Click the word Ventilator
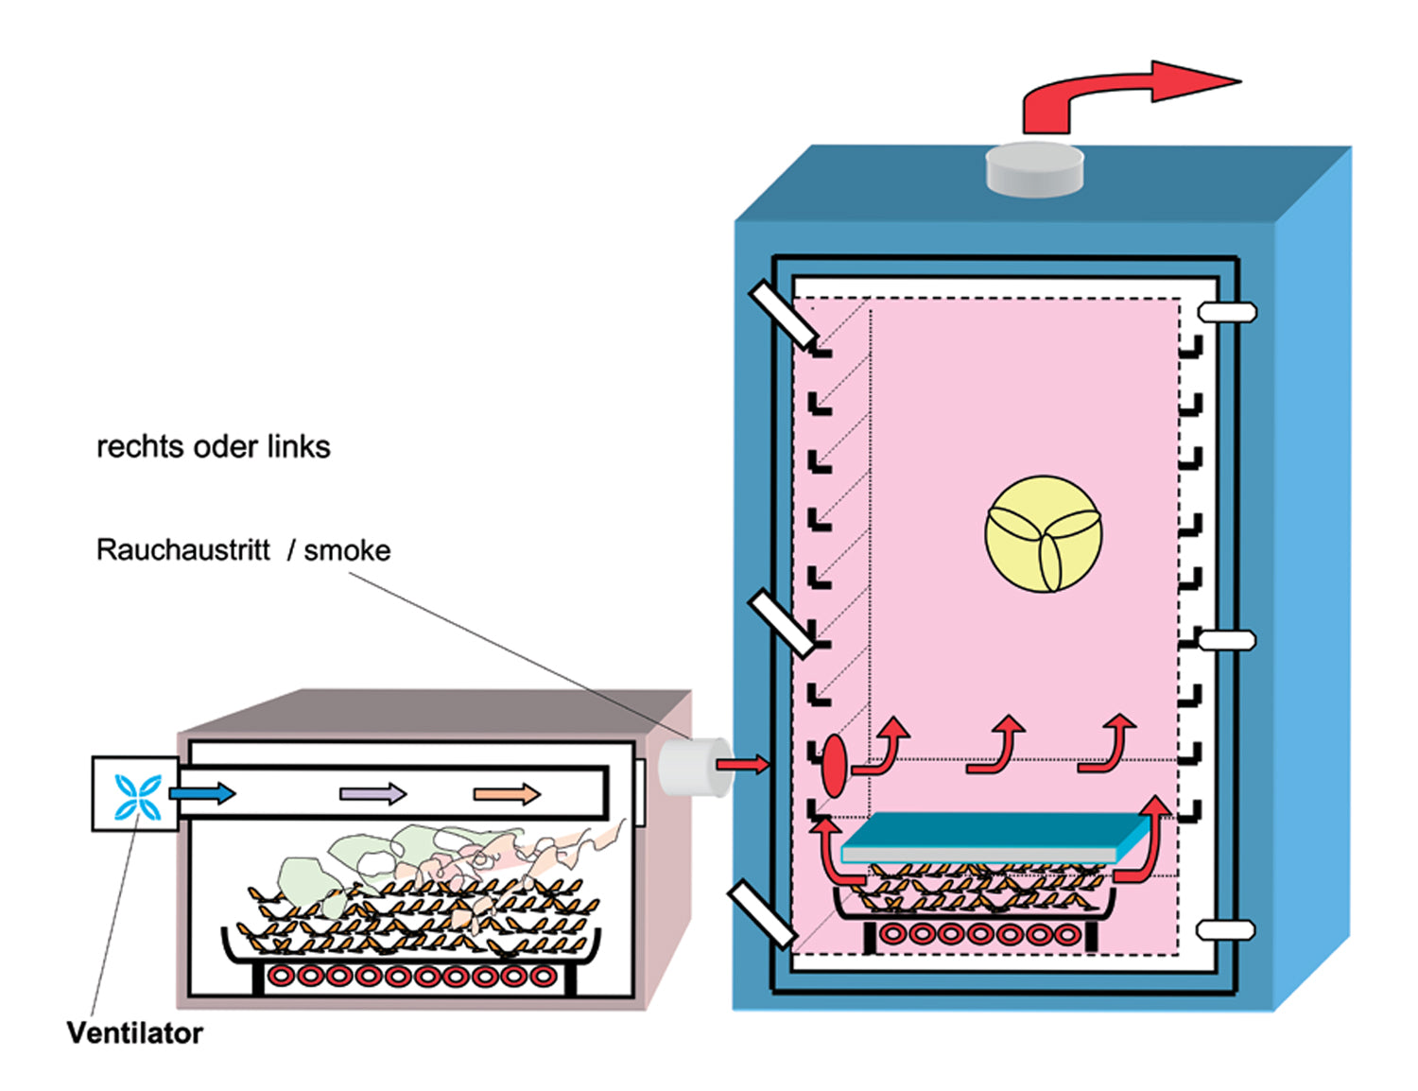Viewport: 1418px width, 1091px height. pos(134,1032)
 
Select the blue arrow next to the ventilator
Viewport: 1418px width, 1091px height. pos(201,792)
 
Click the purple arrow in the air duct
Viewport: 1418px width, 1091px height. pos(372,794)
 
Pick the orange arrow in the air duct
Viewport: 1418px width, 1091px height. pos(507,794)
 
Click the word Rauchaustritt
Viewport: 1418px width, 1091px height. pos(182,549)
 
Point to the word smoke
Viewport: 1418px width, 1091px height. pos(347,550)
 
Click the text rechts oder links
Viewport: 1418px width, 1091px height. pos(214,446)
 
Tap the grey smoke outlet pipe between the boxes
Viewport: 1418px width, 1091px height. pos(691,766)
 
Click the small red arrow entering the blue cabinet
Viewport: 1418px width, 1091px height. pos(742,764)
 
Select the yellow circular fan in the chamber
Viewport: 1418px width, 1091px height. pos(1044,533)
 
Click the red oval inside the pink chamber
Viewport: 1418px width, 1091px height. pos(834,766)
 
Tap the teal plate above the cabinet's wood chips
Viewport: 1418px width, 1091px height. pos(993,836)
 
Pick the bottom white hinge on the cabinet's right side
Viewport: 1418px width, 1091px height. pos(1226,930)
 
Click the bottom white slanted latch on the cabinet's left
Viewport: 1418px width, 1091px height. pos(762,913)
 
